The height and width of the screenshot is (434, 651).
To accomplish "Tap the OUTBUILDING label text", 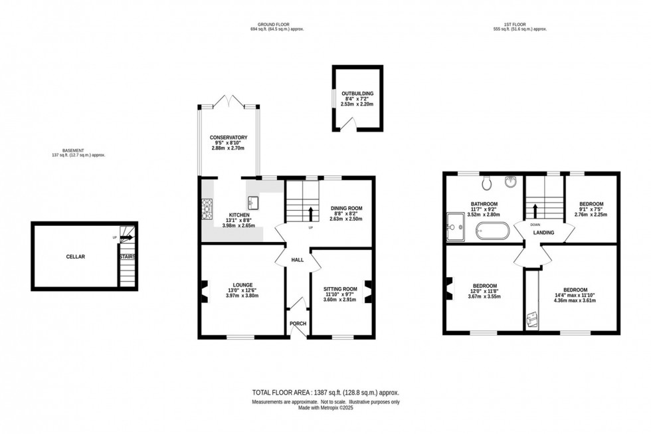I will point(358,94).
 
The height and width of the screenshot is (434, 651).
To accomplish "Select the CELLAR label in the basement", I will point(75,256).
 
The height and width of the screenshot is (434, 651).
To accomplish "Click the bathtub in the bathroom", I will point(492,232).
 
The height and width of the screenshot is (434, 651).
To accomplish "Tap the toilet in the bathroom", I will point(487,182).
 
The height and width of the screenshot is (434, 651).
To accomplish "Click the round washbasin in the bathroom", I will point(512,181).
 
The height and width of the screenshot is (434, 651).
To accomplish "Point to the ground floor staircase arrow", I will point(311,213).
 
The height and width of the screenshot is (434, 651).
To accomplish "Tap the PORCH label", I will point(298,324).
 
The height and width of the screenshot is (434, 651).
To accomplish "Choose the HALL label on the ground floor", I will point(297,259).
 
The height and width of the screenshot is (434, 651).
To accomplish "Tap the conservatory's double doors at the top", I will point(229,103).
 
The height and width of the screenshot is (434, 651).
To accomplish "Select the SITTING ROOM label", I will point(340,290).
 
